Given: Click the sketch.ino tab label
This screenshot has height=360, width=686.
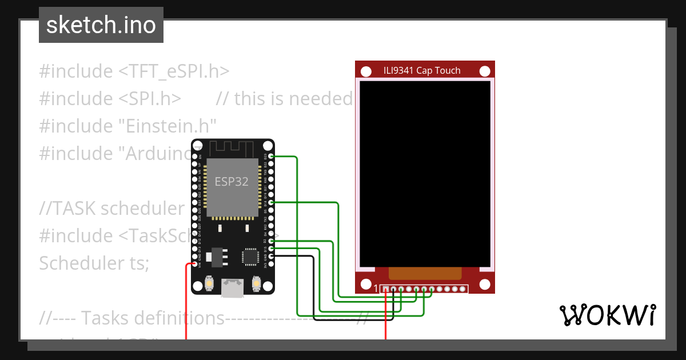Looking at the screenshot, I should (101, 25).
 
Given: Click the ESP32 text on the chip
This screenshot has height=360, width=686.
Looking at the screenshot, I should (232, 182).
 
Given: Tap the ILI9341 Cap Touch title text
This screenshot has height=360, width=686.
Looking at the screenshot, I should (422, 71).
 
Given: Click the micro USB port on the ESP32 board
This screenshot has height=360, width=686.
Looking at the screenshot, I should (232, 288).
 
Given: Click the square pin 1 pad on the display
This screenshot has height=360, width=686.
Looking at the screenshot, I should (386, 289).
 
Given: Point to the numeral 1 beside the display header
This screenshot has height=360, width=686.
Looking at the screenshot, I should (376, 289).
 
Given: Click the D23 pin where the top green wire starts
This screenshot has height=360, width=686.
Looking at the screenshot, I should (270, 156).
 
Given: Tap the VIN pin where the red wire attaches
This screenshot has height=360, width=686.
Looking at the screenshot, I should (195, 264).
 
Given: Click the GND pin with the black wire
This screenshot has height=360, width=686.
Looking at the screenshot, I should (270, 256).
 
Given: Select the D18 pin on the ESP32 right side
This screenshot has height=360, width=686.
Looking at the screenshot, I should (270, 202).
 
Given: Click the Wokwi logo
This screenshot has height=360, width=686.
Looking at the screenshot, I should (607, 315).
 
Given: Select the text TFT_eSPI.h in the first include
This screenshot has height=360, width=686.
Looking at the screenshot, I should (174, 71).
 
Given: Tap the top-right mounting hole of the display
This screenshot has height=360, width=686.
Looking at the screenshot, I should (485, 71).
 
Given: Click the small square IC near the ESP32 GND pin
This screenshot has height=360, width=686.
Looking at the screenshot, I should (250, 256).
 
